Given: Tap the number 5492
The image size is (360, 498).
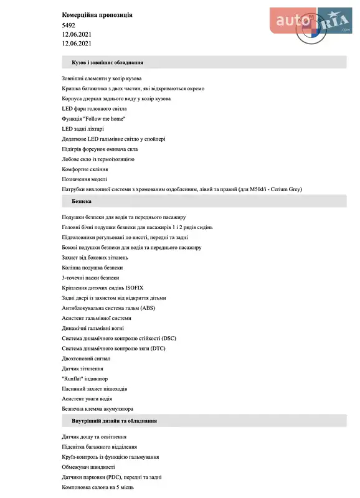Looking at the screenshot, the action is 69,25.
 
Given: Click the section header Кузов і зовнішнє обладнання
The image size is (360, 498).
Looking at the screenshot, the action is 108,62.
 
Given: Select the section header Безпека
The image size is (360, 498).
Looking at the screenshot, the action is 82,202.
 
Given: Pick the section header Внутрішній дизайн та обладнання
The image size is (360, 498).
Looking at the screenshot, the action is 114,421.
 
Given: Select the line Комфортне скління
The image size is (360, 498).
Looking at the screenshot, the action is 85,169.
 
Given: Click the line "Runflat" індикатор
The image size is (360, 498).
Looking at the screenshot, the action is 85,378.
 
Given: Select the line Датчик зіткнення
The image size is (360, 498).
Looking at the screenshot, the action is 82,369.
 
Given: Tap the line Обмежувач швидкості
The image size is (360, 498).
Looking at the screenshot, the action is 88,467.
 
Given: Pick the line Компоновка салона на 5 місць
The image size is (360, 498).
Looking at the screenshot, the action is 97,487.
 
